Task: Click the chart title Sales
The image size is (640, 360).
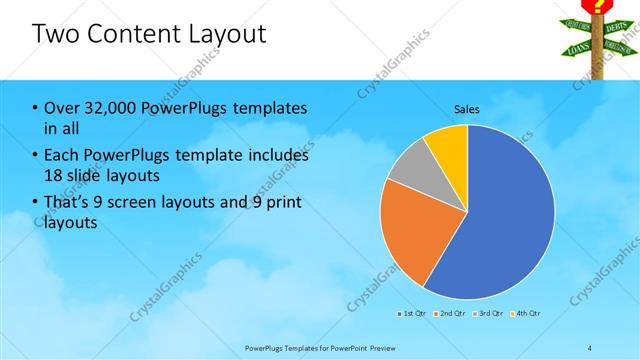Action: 467,108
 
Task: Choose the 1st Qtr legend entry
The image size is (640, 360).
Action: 413,315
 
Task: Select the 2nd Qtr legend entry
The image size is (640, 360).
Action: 450,315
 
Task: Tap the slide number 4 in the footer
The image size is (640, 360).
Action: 590,346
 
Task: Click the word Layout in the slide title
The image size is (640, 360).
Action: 225,34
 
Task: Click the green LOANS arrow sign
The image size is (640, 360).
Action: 578,46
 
